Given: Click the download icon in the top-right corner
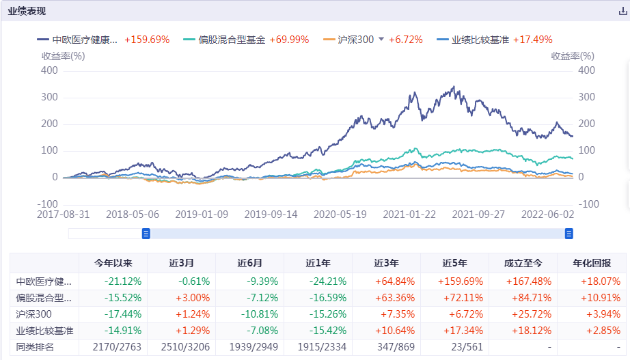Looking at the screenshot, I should [622, 12].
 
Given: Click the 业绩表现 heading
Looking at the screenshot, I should [28, 12].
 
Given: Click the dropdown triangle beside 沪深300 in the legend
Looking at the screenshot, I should [381, 40].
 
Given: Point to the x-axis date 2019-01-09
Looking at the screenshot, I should [202, 214].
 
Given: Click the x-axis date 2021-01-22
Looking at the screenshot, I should [409, 214].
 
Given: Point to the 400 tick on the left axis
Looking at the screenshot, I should [49, 70].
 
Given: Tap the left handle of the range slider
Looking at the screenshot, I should [146, 234].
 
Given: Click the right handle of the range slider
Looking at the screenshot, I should [569, 234].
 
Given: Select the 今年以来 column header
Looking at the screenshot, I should [113, 263].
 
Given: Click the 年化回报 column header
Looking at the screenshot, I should [592, 263].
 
